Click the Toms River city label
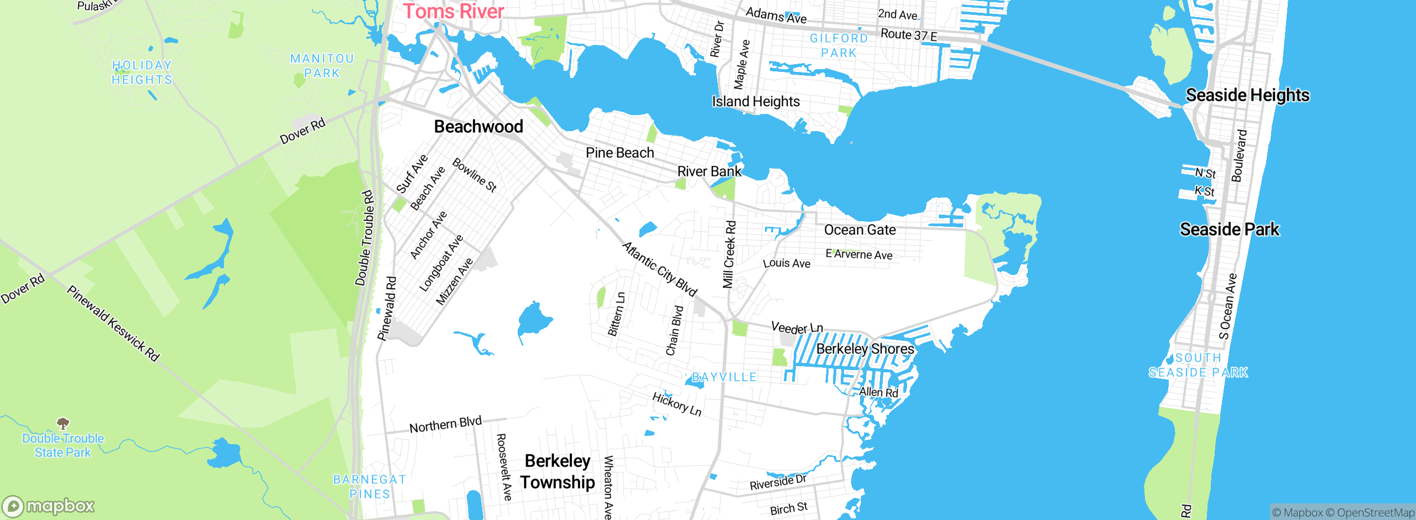pos(453,12)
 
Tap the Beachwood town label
pos(478,127)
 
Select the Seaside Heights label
pos(1247,95)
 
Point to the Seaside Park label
pos(1229,229)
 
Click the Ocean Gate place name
pos(860,230)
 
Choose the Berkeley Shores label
pos(865,349)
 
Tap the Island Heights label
pos(756,102)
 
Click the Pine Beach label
pos(619,153)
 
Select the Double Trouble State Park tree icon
pos(63,424)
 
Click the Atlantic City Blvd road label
pos(659,269)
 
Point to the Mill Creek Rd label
pos(730,254)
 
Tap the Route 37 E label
pos(908,35)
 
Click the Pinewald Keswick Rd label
pos(113,324)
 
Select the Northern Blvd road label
pos(445,424)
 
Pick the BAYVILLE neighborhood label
pos(723,377)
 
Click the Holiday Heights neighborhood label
pos(142,72)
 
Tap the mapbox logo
pos(49,506)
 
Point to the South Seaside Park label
pos(1198,365)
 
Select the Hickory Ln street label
pos(676,404)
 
